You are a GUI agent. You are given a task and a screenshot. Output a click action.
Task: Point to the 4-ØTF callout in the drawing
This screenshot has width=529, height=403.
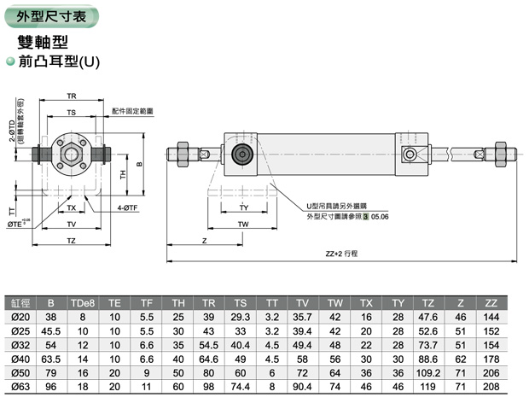[130, 208]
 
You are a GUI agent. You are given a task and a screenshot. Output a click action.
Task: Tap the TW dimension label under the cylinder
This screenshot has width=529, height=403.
[243, 225]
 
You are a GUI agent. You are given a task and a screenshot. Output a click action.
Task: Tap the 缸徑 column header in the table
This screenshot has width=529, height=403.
[20, 302]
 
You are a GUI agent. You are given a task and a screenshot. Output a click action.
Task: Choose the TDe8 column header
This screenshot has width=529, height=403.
[83, 302]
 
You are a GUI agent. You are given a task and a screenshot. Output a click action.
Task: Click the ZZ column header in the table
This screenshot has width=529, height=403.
[491, 302]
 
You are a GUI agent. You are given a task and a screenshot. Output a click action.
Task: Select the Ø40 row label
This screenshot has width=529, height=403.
[20, 359]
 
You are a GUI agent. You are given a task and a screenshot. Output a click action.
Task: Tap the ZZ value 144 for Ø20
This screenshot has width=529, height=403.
[491, 317]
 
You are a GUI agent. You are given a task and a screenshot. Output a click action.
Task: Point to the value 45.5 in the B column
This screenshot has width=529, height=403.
[51, 331]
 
